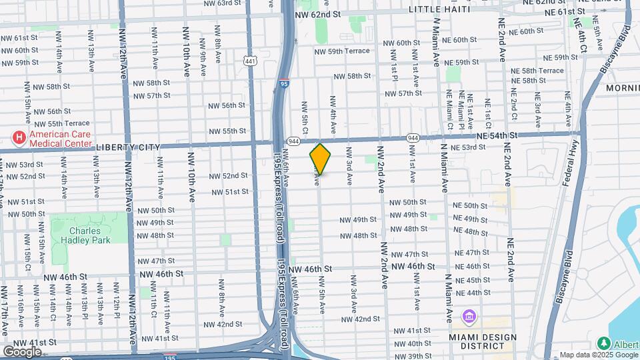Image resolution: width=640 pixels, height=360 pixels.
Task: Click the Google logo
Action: pyautogui.click(x=23, y=351)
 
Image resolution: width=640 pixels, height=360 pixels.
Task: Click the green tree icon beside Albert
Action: pyautogui.click(x=604, y=343)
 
